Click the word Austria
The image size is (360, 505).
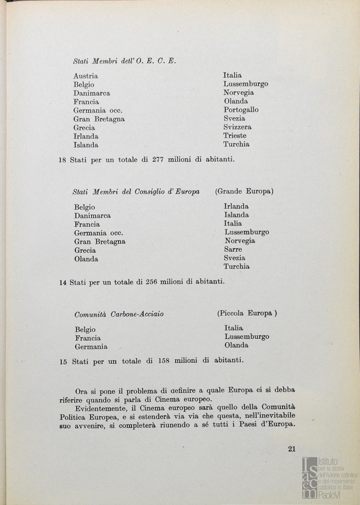coord(86,76)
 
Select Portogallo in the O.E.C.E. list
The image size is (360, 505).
coord(241,110)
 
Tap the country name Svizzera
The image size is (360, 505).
coord(237,127)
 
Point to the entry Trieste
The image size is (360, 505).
coord(235,136)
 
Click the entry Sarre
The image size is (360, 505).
coord(233,249)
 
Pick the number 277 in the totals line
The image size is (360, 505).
coord(158,159)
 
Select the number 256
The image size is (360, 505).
coord(151,282)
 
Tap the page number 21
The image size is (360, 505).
coord(292,449)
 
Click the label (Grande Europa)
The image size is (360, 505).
coord(244,191)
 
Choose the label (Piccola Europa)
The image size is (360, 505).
coord(247,313)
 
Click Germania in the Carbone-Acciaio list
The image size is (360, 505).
coord(91,347)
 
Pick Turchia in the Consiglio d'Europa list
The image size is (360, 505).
coord(237,267)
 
